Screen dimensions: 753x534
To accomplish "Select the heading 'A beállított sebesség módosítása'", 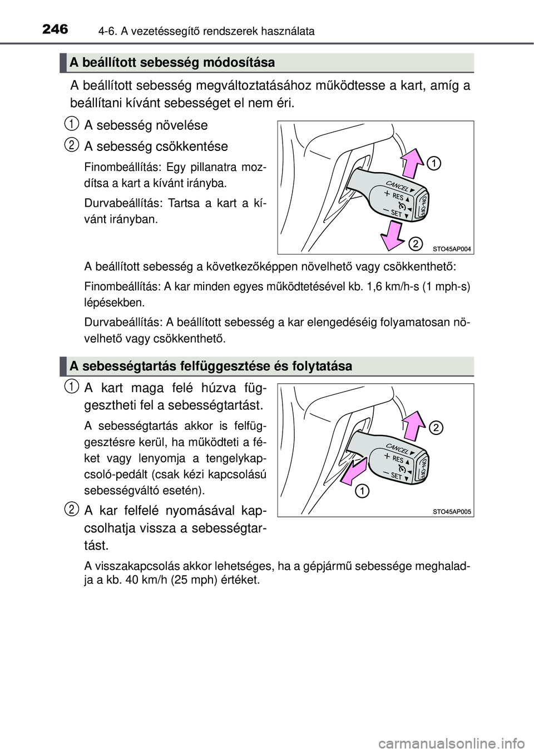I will click(172, 62).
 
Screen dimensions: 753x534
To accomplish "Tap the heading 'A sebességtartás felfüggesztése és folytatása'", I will click(211, 366).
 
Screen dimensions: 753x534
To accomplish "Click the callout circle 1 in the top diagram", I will click(434, 163).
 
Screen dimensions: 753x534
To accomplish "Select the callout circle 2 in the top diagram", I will click(414, 243).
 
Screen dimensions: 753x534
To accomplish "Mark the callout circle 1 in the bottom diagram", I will click(361, 490).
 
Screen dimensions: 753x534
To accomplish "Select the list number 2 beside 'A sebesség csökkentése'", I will click(71, 145).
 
